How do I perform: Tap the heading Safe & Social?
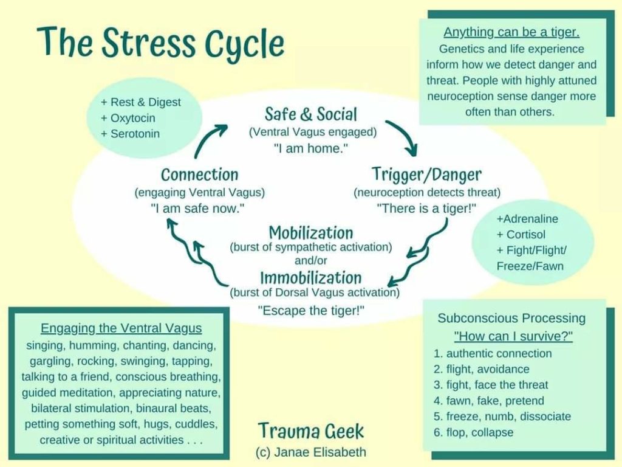pyautogui.click(x=311, y=114)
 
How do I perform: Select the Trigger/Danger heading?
pyautogui.click(x=426, y=175)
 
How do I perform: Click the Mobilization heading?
pyautogui.click(x=311, y=233)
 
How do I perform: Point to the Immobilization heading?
pyautogui.click(x=311, y=277)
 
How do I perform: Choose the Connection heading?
pyautogui.click(x=199, y=175)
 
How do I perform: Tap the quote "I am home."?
pyautogui.click(x=311, y=148)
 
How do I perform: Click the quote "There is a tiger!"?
pyautogui.click(x=426, y=208)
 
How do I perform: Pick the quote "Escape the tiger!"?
pyautogui.click(x=311, y=310)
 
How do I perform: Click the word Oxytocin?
pyautogui.click(x=132, y=118)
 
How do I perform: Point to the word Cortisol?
pyautogui.click(x=525, y=234)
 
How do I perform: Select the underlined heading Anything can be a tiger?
pyautogui.click(x=511, y=32)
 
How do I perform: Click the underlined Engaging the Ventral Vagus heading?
pyautogui.click(x=121, y=328)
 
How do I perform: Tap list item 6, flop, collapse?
pyautogui.click(x=473, y=432)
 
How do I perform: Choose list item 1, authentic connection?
pyautogui.click(x=492, y=353)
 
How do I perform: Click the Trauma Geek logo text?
pyautogui.click(x=311, y=431)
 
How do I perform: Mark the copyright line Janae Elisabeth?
pyautogui.click(x=311, y=452)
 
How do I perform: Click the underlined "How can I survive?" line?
pyautogui.click(x=513, y=336)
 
